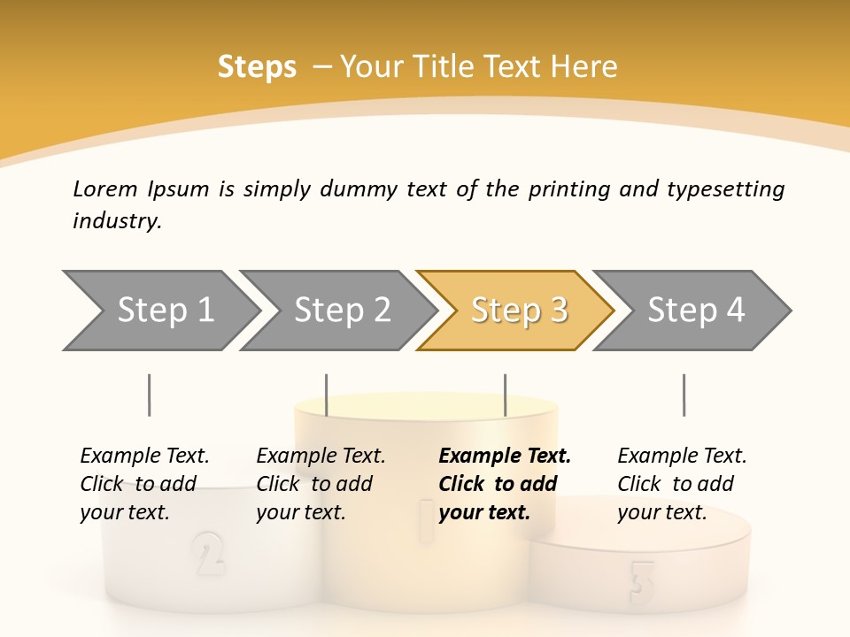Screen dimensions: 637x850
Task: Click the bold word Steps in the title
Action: tap(257, 67)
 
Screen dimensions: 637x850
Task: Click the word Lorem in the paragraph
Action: tap(105, 188)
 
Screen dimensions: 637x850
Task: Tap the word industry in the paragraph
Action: tap(116, 221)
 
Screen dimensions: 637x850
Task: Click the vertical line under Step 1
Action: tap(150, 395)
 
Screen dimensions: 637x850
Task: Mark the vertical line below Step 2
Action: tap(327, 395)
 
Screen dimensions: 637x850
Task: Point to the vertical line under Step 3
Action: tap(506, 395)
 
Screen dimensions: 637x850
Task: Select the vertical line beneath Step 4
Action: tap(684, 395)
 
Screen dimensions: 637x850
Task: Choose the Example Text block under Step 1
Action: tap(143, 484)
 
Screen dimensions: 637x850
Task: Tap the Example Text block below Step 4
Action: tap(681, 484)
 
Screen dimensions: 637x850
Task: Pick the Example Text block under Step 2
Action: tap(320, 484)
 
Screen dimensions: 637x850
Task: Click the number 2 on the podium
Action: tap(208, 553)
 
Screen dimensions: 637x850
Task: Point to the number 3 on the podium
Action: tap(642, 579)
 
